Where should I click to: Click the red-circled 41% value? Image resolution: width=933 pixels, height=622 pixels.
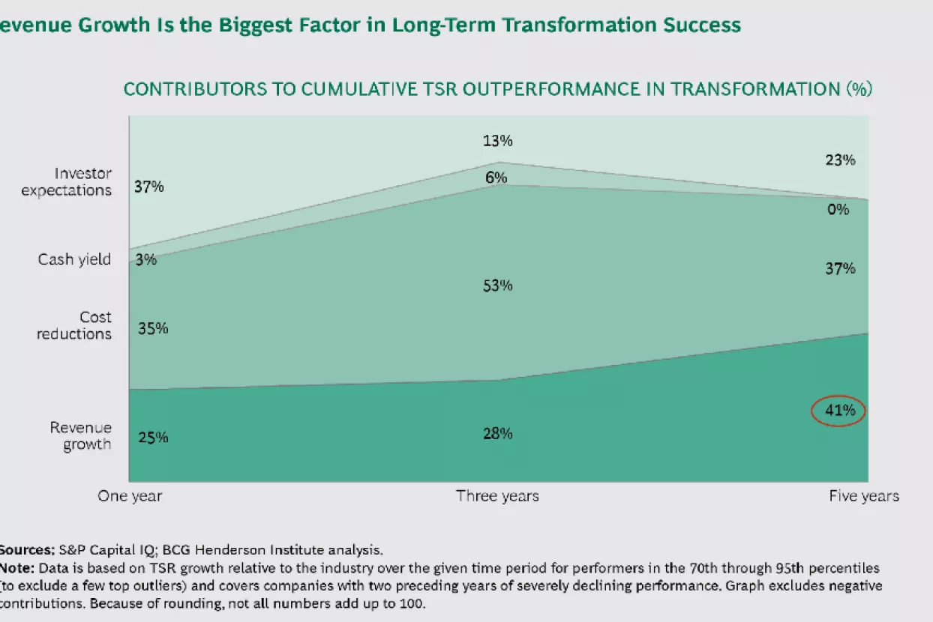click(x=838, y=411)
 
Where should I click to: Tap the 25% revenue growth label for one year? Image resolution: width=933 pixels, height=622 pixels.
click(x=153, y=438)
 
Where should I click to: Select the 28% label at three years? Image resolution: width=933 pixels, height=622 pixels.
click(x=497, y=433)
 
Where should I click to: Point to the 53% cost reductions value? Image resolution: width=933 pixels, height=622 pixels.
click(x=497, y=286)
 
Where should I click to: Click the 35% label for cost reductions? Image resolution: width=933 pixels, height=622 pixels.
click(x=153, y=328)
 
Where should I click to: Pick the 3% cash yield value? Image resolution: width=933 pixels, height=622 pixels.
click(x=146, y=260)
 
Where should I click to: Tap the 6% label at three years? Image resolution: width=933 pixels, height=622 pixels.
click(x=496, y=178)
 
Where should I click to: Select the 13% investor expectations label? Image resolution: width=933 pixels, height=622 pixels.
click(x=497, y=141)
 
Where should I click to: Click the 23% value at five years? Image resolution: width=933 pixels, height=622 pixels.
click(x=840, y=160)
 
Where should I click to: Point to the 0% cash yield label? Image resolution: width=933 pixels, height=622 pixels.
click(x=838, y=210)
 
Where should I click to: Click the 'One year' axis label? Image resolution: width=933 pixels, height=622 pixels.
click(x=130, y=496)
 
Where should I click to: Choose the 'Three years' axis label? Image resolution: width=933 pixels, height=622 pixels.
click(x=497, y=496)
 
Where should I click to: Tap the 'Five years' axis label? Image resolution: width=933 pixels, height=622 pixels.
click(x=863, y=496)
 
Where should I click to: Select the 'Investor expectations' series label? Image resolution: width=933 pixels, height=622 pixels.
click(x=67, y=182)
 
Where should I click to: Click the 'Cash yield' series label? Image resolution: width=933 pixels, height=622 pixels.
click(x=74, y=260)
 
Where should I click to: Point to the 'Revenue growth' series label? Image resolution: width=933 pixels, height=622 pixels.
click(x=81, y=435)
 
